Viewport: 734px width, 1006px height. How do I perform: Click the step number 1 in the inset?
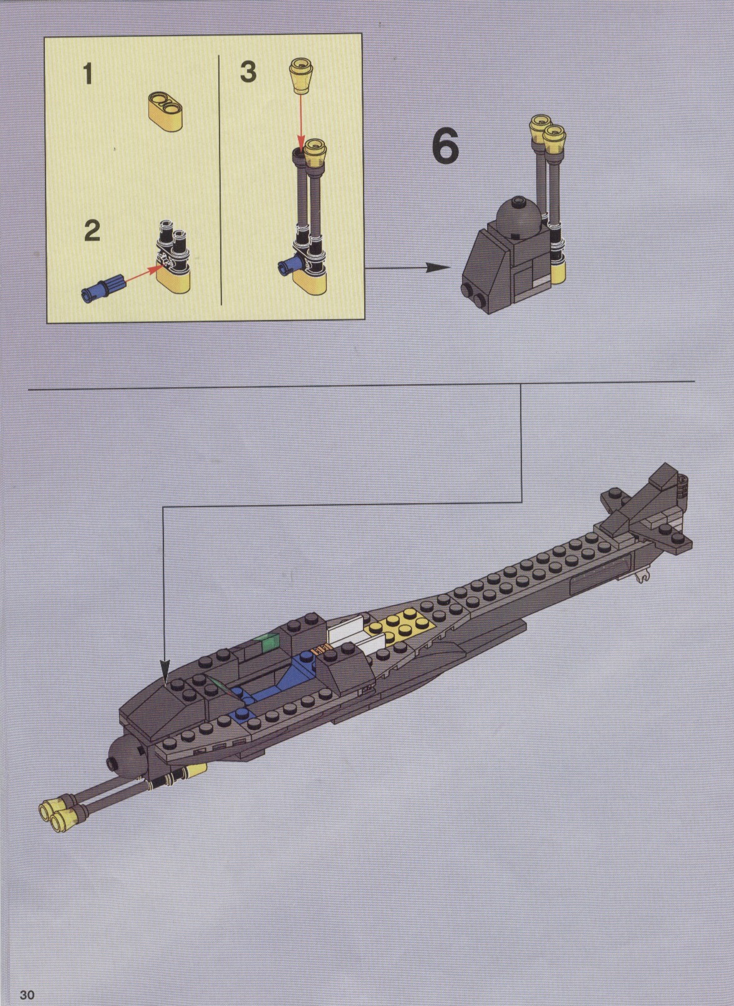coord(88,74)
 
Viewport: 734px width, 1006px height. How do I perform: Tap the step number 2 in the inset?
coord(92,231)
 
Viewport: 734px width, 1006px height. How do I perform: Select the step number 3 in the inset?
coord(248,72)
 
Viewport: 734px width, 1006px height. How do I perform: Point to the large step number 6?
coord(445,146)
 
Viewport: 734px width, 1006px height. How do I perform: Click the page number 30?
coord(27,990)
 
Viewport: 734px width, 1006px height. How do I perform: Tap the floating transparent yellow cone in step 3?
coord(300,76)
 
